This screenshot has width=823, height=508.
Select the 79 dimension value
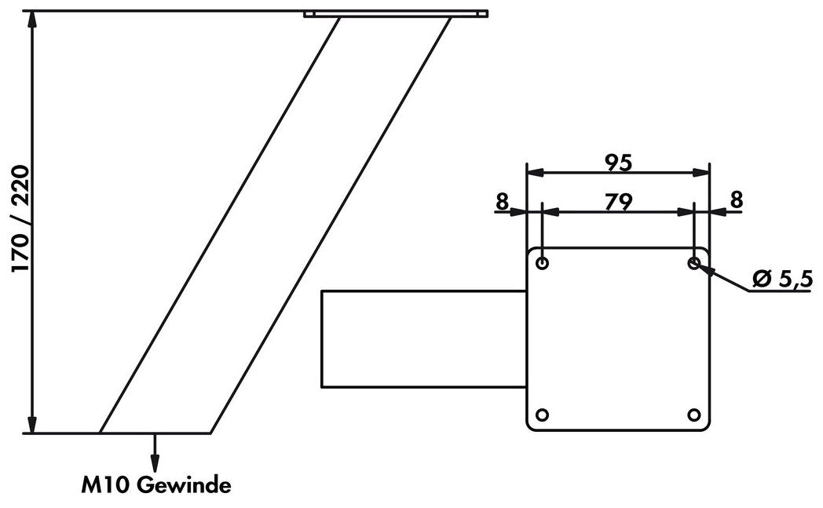click(x=619, y=202)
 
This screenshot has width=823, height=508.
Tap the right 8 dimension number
click(x=736, y=200)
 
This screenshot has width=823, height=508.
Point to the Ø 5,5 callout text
click(x=781, y=279)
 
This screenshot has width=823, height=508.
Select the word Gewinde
click(x=184, y=486)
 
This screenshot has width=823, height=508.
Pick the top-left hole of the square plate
click(x=543, y=262)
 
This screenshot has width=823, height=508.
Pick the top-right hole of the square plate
click(x=693, y=262)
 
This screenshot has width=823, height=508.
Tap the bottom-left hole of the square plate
click(x=543, y=415)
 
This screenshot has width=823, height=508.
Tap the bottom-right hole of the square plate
click(x=693, y=415)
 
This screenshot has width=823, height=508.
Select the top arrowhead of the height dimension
click(x=32, y=19)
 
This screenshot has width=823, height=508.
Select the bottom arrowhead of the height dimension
click(x=32, y=425)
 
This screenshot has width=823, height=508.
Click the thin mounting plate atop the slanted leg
click(x=396, y=13)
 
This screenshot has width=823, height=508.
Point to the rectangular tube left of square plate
click(x=423, y=338)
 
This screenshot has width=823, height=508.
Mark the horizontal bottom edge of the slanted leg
click(x=155, y=433)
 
